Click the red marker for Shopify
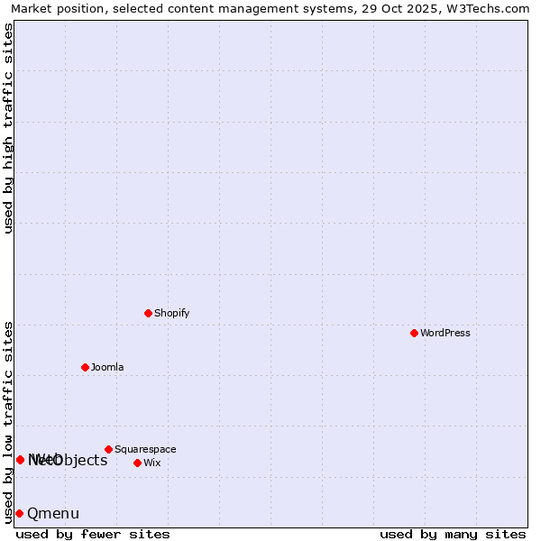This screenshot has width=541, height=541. click(148, 313)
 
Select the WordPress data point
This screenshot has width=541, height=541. click(414, 333)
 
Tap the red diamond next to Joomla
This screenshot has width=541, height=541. click(85, 367)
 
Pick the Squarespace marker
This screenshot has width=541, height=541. click(108, 449)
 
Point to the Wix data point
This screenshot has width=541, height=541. click(137, 463)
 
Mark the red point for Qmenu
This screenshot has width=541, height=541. click(19, 513)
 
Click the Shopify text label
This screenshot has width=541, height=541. click(171, 313)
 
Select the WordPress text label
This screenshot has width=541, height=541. click(445, 333)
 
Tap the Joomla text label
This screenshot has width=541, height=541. click(107, 367)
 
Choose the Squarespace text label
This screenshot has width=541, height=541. click(145, 449)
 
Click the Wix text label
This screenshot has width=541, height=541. click(152, 463)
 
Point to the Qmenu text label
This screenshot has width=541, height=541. click(53, 514)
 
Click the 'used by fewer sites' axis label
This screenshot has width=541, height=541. click(93, 534)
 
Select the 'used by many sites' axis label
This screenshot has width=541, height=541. click(453, 534)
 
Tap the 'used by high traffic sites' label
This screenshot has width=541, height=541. click(9, 128)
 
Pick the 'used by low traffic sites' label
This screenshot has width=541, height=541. click(9, 421)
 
